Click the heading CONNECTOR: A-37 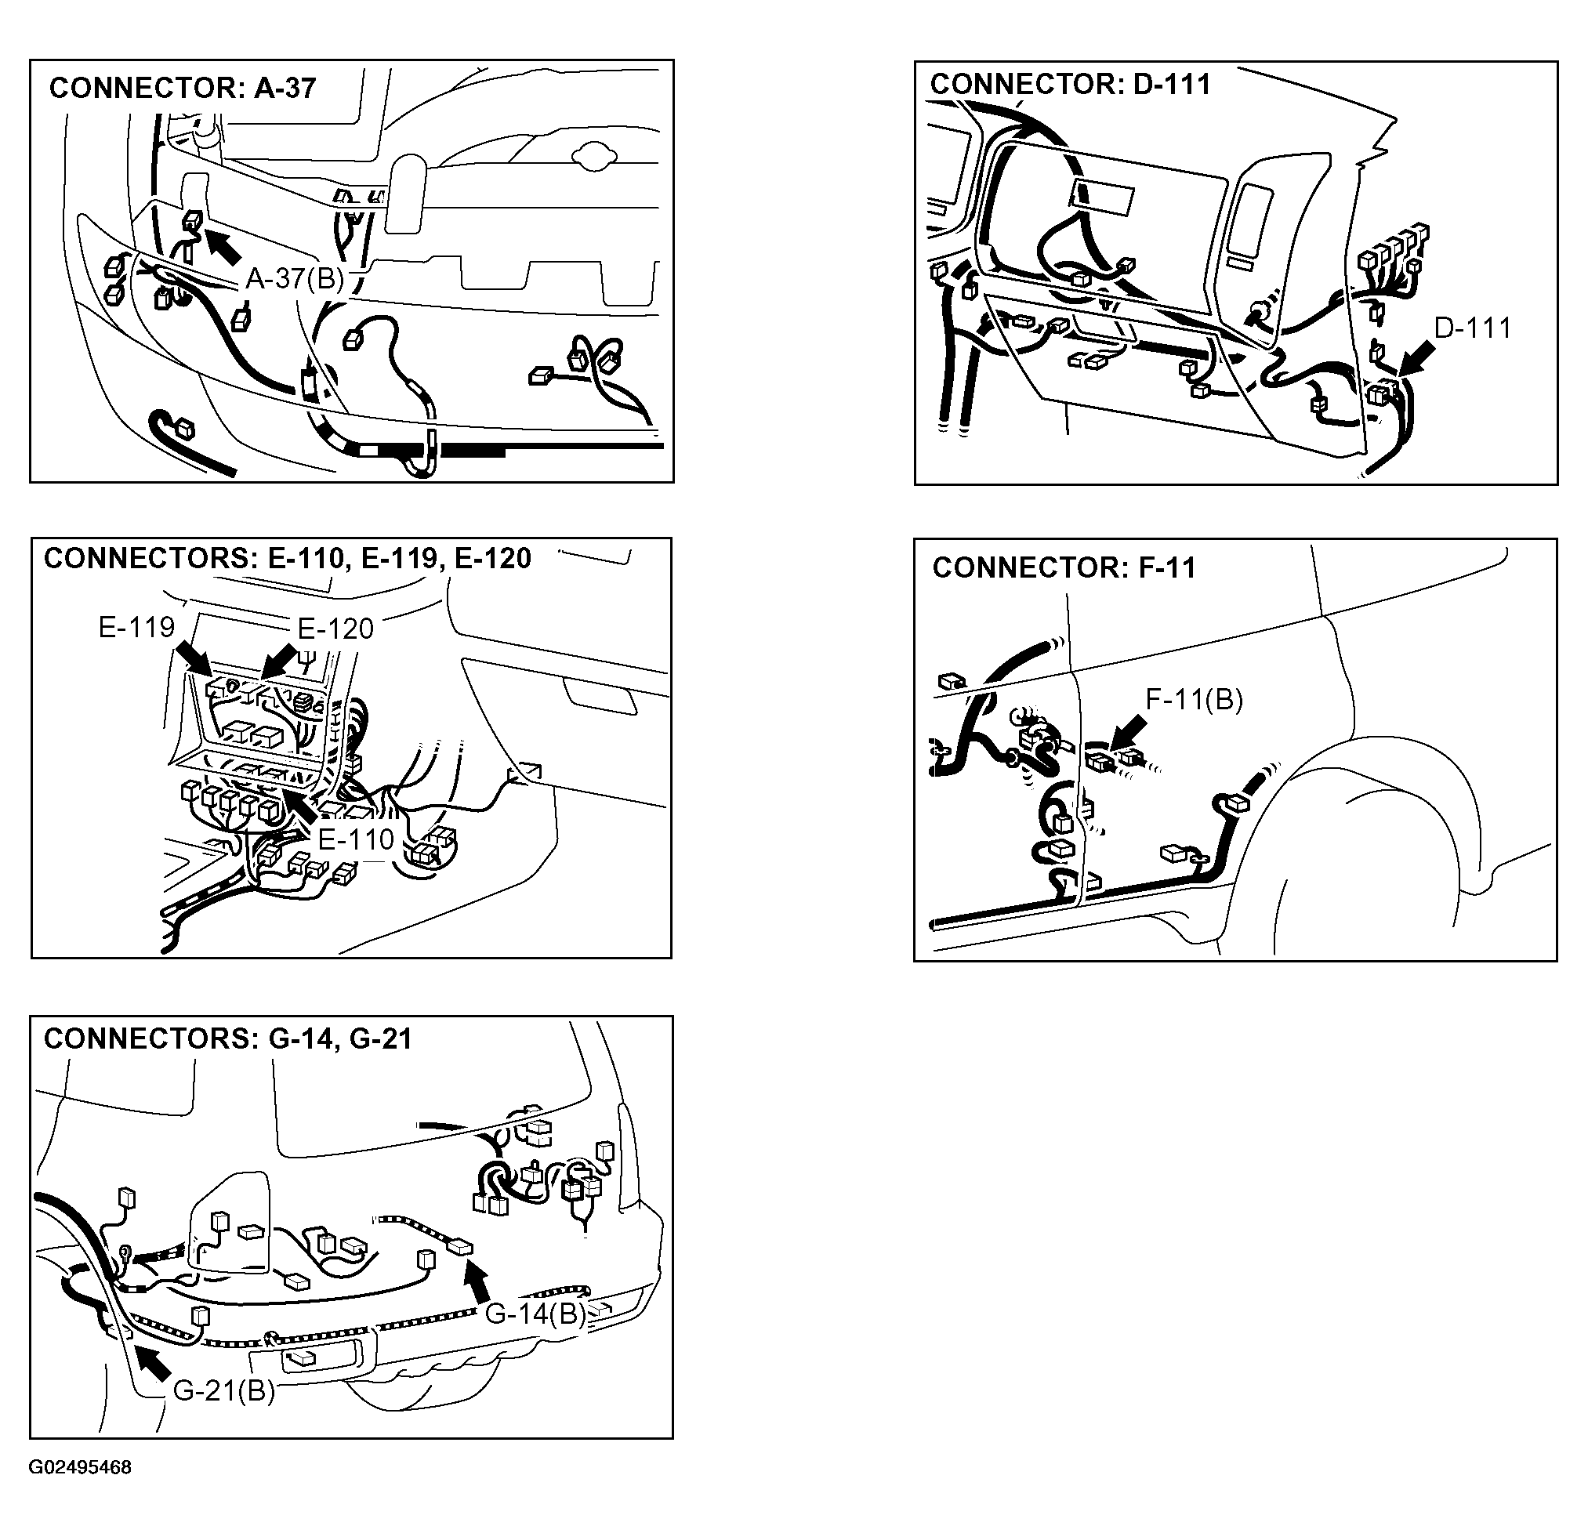(183, 88)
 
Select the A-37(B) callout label (295, 279)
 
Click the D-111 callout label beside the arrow (1472, 328)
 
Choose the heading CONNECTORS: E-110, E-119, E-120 (288, 558)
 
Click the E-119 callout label (136, 626)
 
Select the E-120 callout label (335, 628)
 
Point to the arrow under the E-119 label (194, 658)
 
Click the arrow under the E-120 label (280, 660)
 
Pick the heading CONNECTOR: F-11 (1064, 567)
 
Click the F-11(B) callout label (1195, 699)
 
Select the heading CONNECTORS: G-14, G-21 (227, 1038)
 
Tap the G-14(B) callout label (535, 1314)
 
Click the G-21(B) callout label (224, 1390)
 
